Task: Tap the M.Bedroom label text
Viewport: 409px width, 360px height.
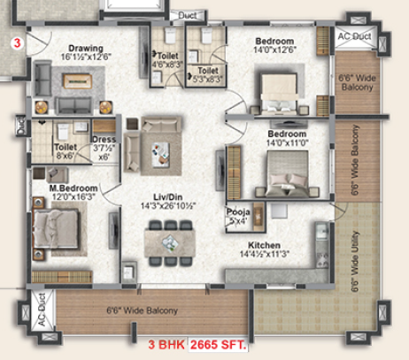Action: click(74, 188)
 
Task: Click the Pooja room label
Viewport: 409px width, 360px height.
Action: click(236, 213)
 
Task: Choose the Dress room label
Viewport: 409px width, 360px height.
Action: click(103, 139)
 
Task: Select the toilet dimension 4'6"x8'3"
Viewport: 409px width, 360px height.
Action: click(166, 63)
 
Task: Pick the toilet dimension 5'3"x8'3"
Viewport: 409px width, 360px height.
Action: click(208, 78)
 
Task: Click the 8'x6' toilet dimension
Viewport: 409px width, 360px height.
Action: click(65, 157)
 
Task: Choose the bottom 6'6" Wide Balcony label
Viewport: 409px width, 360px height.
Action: click(142, 310)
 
